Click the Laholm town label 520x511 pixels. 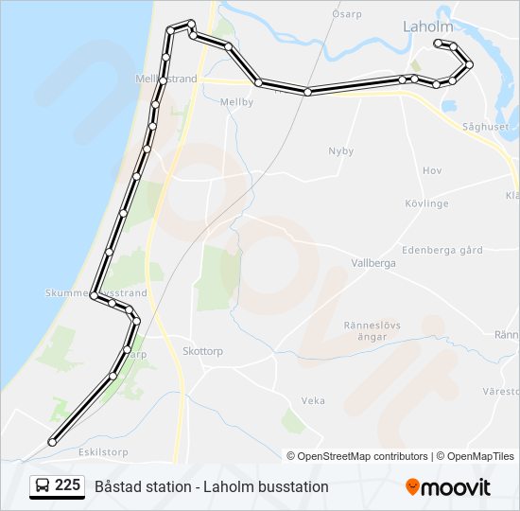tap(428, 26)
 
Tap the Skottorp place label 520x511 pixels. tap(201, 350)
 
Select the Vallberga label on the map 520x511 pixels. tap(373, 263)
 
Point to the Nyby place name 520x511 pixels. tap(340, 151)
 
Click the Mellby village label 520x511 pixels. tap(236, 102)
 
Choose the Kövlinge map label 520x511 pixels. tap(426, 203)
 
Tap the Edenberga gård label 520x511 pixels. tap(442, 250)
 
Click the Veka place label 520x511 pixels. tap(313, 401)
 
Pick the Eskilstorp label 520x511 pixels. tap(78, 452)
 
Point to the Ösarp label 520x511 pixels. tap(347, 14)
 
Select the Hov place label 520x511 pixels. tap(432, 170)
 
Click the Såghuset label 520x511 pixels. tap(486, 126)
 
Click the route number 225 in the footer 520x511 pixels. tap(67, 485)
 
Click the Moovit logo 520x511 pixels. tap(448, 487)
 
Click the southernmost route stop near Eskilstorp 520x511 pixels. tap(52, 441)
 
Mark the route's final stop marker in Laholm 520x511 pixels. tap(437, 44)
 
